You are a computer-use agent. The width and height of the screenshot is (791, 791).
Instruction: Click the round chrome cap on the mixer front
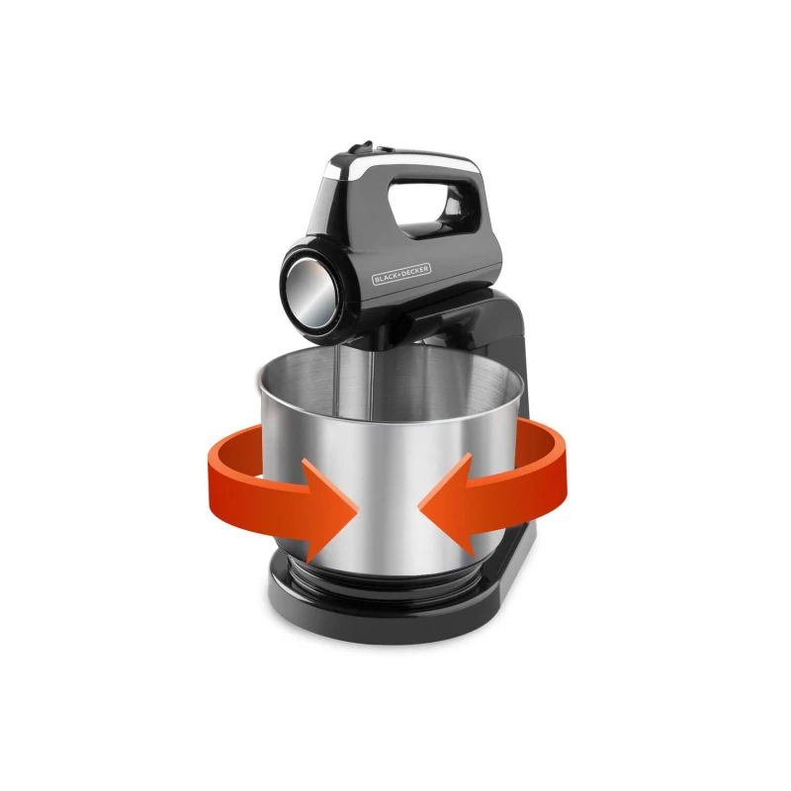click(310, 290)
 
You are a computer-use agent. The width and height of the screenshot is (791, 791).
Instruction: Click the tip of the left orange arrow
click(358, 513)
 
